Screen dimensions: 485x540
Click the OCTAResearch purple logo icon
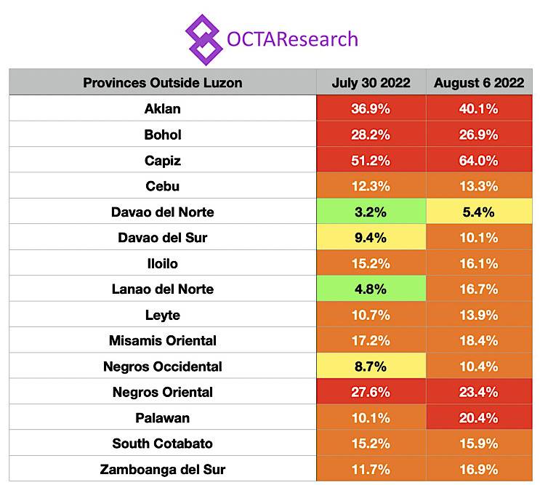pyautogui.click(x=203, y=38)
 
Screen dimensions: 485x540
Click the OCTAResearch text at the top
pyautogui.click(x=292, y=38)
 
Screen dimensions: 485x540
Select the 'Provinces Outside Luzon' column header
pyautogui.click(x=163, y=83)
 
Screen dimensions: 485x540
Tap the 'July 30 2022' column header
pyautogui.click(x=371, y=83)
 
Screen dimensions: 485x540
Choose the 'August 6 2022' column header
pyautogui.click(x=479, y=83)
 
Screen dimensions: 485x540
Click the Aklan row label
pyautogui.click(x=163, y=109)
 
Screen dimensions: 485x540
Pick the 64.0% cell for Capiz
pyautogui.click(x=479, y=161)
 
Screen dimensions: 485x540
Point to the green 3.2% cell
pyautogui.click(x=371, y=212)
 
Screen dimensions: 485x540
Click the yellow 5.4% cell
pyautogui.click(x=479, y=212)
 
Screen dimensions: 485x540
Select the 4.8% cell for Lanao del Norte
pyautogui.click(x=371, y=289)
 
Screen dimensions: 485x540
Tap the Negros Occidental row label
pyautogui.click(x=163, y=366)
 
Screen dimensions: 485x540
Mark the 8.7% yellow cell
pyautogui.click(x=371, y=366)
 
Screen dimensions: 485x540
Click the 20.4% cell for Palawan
pyautogui.click(x=479, y=418)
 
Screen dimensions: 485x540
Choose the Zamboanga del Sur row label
pyautogui.click(x=163, y=469)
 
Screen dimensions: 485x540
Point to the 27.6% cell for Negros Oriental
pyautogui.click(x=371, y=392)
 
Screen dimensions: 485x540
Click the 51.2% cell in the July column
pyautogui.click(x=371, y=161)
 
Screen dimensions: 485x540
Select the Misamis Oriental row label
pyautogui.click(x=163, y=340)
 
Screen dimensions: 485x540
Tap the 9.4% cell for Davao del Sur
pyautogui.click(x=371, y=238)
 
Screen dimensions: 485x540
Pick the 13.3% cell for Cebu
pyautogui.click(x=479, y=186)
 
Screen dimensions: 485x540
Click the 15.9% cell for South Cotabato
pyautogui.click(x=479, y=444)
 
